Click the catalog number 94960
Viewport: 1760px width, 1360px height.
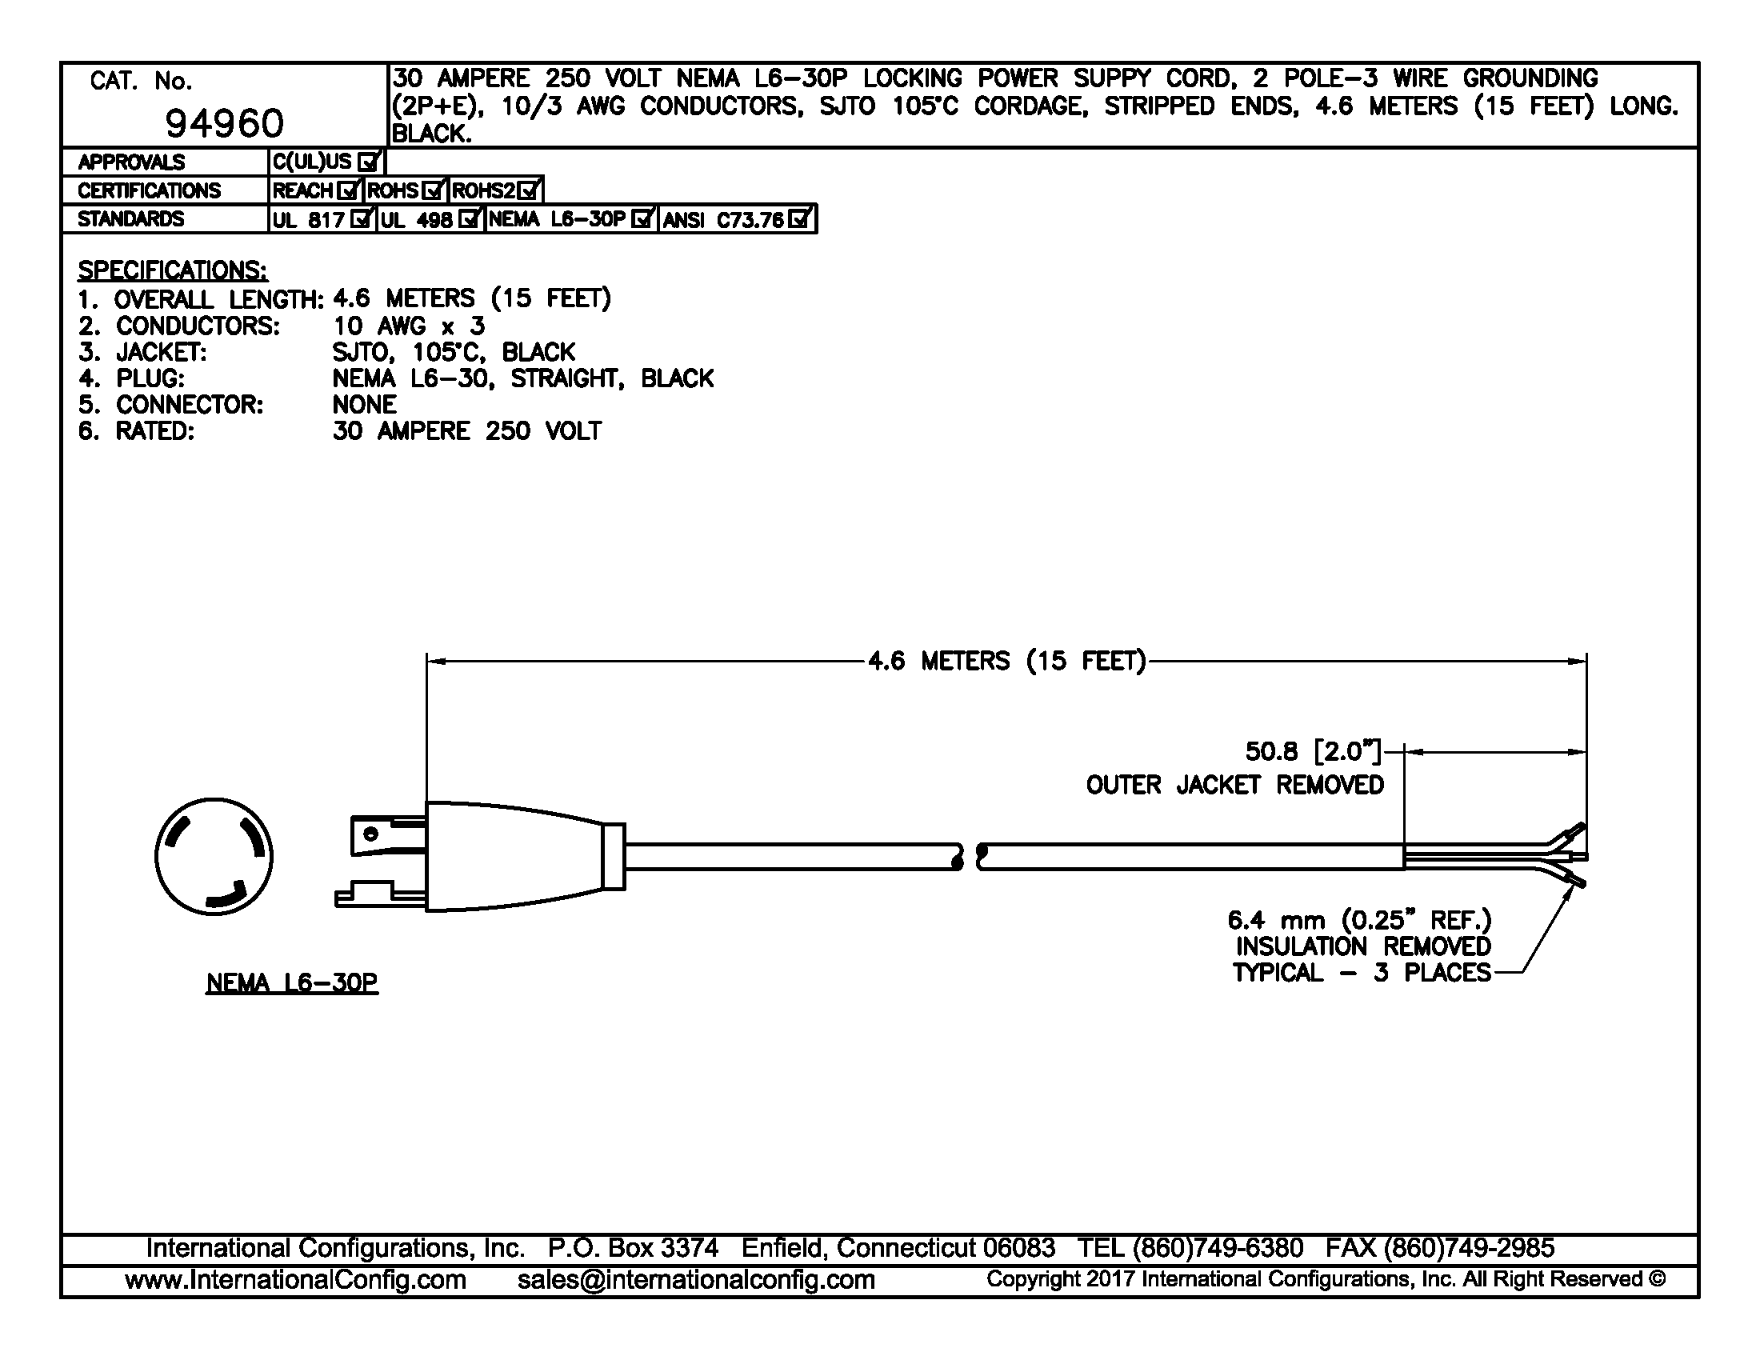coord(224,123)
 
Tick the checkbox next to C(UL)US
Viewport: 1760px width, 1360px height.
coord(368,162)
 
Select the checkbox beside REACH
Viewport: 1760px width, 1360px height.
coord(349,191)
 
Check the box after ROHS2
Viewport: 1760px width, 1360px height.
coord(529,191)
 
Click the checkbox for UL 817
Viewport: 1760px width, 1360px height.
coord(362,219)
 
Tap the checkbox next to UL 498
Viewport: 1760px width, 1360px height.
coord(469,219)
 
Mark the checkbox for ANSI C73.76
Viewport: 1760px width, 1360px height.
coord(799,219)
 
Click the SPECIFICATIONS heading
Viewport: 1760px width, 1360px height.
coord(173,270)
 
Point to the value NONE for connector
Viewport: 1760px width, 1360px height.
coord(364,405)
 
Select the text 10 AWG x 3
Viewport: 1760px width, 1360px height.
coord(409,326)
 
